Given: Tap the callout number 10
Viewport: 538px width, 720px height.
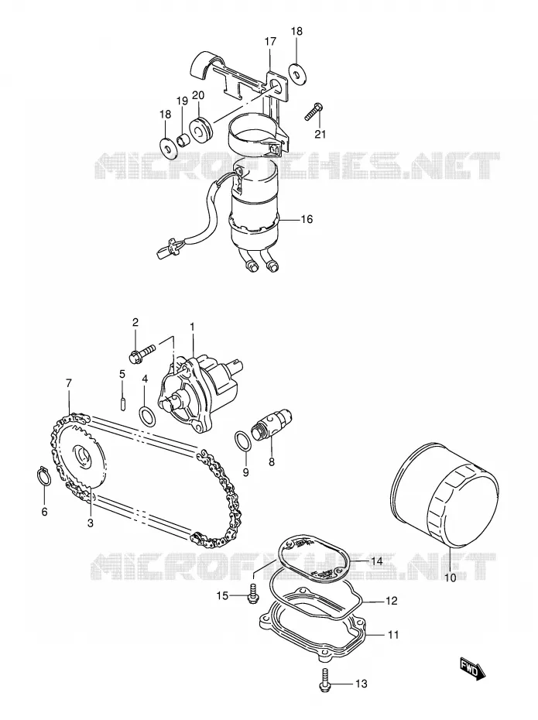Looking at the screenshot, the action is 451,578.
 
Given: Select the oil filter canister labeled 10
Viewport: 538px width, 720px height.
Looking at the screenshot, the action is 444,495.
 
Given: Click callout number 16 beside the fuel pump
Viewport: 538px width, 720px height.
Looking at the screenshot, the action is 307,219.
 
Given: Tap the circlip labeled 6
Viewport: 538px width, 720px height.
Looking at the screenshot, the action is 43,475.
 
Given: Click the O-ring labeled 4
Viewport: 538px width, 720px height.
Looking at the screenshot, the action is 147,416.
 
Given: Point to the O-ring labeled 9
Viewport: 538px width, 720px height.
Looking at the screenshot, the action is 242,440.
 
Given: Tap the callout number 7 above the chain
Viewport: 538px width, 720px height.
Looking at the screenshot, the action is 69,383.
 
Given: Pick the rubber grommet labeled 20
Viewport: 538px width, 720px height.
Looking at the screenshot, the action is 200,127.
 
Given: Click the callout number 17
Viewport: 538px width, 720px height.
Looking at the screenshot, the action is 270,41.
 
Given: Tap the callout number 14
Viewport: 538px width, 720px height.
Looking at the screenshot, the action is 377,561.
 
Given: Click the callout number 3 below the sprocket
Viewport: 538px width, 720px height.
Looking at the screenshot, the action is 91,523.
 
